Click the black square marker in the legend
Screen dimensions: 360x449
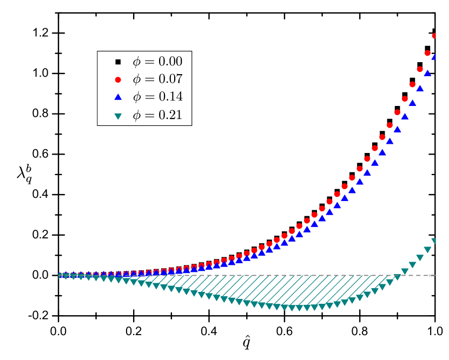118,62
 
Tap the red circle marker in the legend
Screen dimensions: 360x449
118,79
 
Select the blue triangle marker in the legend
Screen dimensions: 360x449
118,97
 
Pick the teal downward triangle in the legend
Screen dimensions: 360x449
118,115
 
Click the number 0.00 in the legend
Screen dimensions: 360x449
170,62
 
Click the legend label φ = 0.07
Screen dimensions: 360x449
157,79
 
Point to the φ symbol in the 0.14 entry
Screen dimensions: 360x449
137,97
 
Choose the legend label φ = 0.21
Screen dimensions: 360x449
157,115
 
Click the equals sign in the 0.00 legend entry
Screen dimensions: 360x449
150,62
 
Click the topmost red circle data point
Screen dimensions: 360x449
434,36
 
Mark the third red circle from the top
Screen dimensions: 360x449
420,69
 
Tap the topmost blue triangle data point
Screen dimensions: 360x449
434,56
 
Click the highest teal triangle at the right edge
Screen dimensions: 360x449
434,241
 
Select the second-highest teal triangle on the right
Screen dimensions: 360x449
427,249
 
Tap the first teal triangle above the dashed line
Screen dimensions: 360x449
405,271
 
